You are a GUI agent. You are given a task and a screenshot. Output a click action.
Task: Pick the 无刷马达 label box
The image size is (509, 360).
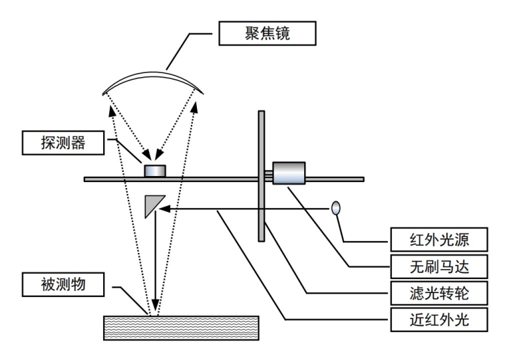click(439, 266)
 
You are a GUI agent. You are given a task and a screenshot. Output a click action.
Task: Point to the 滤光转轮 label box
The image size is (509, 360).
click(439, 293)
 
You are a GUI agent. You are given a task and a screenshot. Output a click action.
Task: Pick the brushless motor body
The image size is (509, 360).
click(289, 173)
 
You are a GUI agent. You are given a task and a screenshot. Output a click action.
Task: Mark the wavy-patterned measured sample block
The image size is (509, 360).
click(181, 328)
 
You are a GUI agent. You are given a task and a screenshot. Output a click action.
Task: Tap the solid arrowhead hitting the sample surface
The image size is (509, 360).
click(156, 302)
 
